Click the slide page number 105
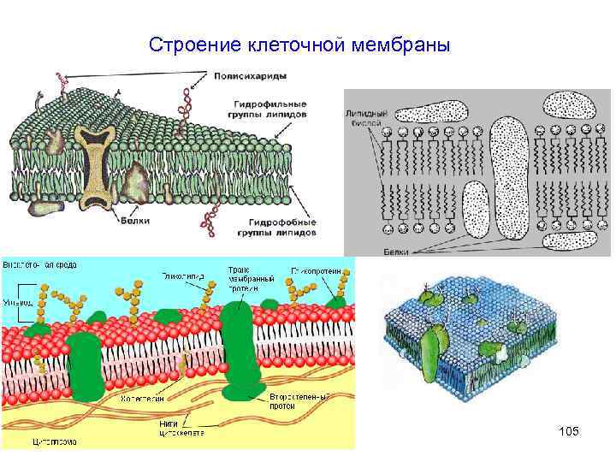[x=568, y=432]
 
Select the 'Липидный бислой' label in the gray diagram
[x=366, y=116]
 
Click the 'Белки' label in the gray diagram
[x=396, y=252]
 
